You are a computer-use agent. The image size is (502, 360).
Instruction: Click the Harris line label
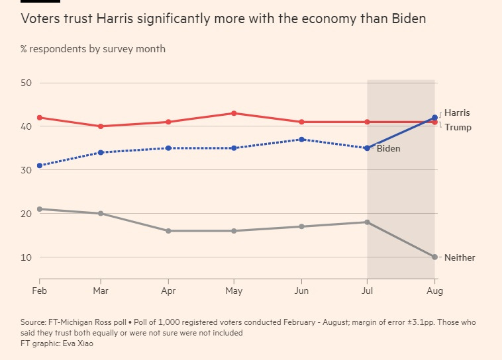[x=457, y=113]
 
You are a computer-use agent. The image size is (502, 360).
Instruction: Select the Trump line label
[x=458, y=127]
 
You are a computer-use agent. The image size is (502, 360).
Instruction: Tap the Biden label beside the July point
[x=388, y=149]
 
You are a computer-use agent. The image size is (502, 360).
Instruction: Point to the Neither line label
[x=460, y=257]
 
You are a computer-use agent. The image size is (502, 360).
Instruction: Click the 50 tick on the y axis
[x=26, y=83]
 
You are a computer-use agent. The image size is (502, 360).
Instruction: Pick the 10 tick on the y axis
[x=26, y=257]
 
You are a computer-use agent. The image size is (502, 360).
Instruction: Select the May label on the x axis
[x=234, y=291]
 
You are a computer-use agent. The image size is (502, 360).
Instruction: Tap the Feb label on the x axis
[x=40, y=291]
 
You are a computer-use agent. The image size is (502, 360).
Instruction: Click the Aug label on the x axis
[x=434, y=291]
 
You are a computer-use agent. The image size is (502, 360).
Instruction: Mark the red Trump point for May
[x=234, y=113]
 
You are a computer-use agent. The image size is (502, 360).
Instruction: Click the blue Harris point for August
[x=434, y=118]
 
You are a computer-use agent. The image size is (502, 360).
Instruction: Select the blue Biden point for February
[x=40, y=165]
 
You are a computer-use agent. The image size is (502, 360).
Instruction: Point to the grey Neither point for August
[x=434, y=257]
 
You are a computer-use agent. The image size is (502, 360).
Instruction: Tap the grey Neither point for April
[x=169, y=231]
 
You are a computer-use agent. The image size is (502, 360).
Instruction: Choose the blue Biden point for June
[x=301, y=140]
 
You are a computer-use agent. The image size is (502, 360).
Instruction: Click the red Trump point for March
[x=101, y=126]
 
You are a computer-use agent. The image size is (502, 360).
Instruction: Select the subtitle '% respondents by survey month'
[x=93, y=49]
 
